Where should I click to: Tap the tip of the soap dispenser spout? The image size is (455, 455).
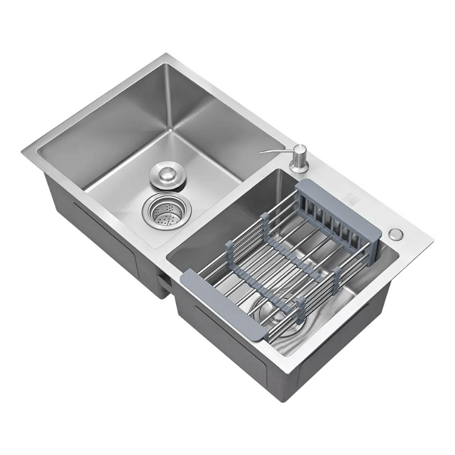pos(262,152)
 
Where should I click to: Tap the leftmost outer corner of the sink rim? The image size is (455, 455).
pos(23,150)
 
